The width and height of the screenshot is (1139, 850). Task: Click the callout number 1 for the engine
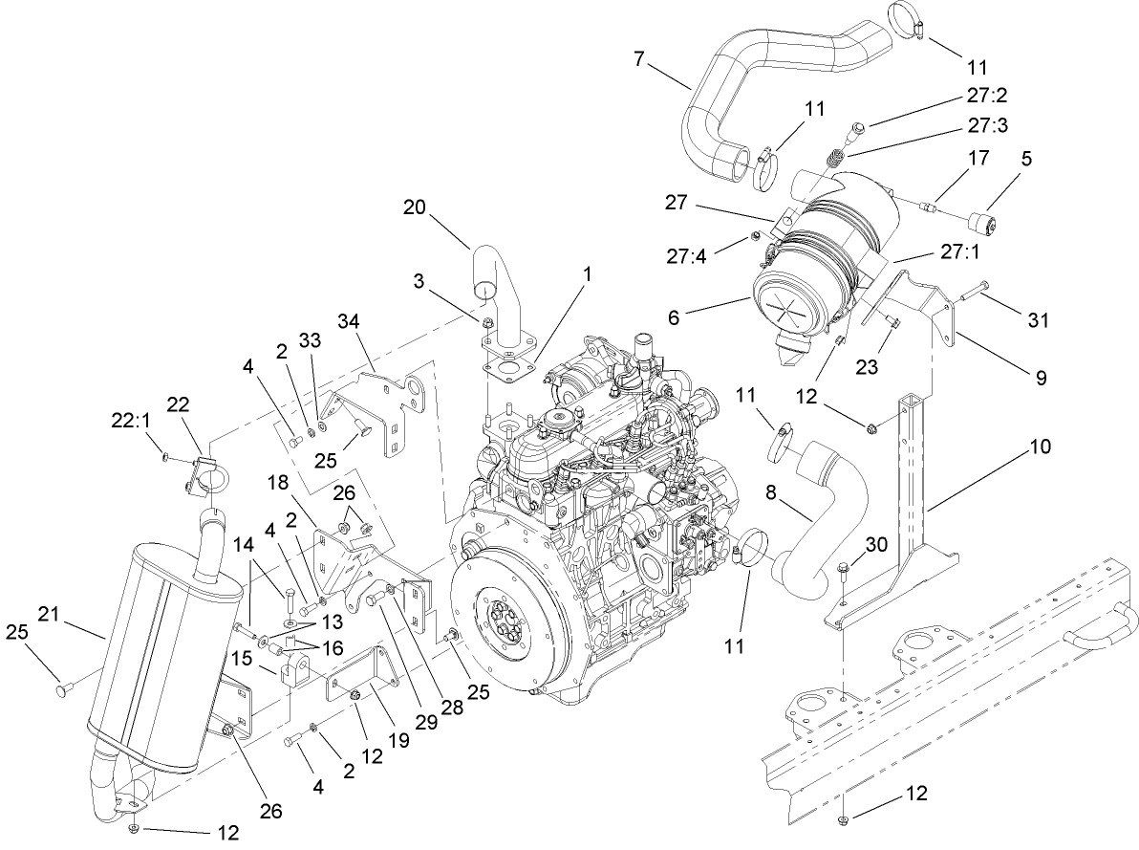pyautogui.click(x=588, y=273)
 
